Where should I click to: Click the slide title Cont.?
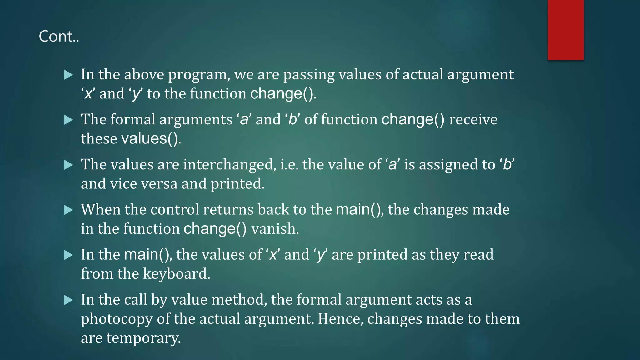(x=59, y=36)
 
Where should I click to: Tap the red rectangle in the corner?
(x=566, y=30)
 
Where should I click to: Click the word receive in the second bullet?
(x=473, y=119)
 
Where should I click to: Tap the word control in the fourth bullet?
(x=175, y=209)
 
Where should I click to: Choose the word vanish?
(x=275, y=229)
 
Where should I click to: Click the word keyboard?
(x=176, y=274)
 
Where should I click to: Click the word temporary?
(x=143, y=338)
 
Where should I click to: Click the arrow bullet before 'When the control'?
(x=68, y=210)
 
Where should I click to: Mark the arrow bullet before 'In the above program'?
(x=68, y=75)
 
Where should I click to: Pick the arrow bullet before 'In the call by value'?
(x=68, y=300)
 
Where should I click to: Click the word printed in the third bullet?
(x=237, y=184)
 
